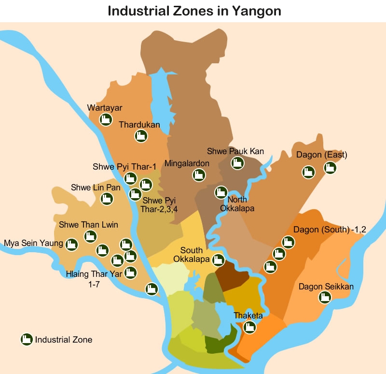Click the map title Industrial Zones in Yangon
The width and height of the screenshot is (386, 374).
194,11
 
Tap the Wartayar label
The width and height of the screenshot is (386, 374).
105,107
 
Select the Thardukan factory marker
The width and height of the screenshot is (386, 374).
141,136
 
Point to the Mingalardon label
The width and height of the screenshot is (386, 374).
187,163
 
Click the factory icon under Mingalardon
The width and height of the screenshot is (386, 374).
198,175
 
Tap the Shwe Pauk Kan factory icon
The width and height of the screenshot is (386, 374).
236,163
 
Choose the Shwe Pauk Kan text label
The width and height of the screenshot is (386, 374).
235,151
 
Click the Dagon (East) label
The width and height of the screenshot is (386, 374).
322,155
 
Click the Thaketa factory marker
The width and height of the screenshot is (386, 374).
249,327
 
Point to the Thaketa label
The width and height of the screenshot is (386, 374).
248,316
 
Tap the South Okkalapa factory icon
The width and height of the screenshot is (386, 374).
219,260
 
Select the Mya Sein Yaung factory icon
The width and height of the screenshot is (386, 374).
72,244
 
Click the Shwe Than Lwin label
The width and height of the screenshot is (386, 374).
88,225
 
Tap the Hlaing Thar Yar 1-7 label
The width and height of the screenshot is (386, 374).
94,280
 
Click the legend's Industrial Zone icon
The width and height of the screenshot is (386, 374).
26,340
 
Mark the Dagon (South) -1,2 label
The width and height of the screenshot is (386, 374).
330,230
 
